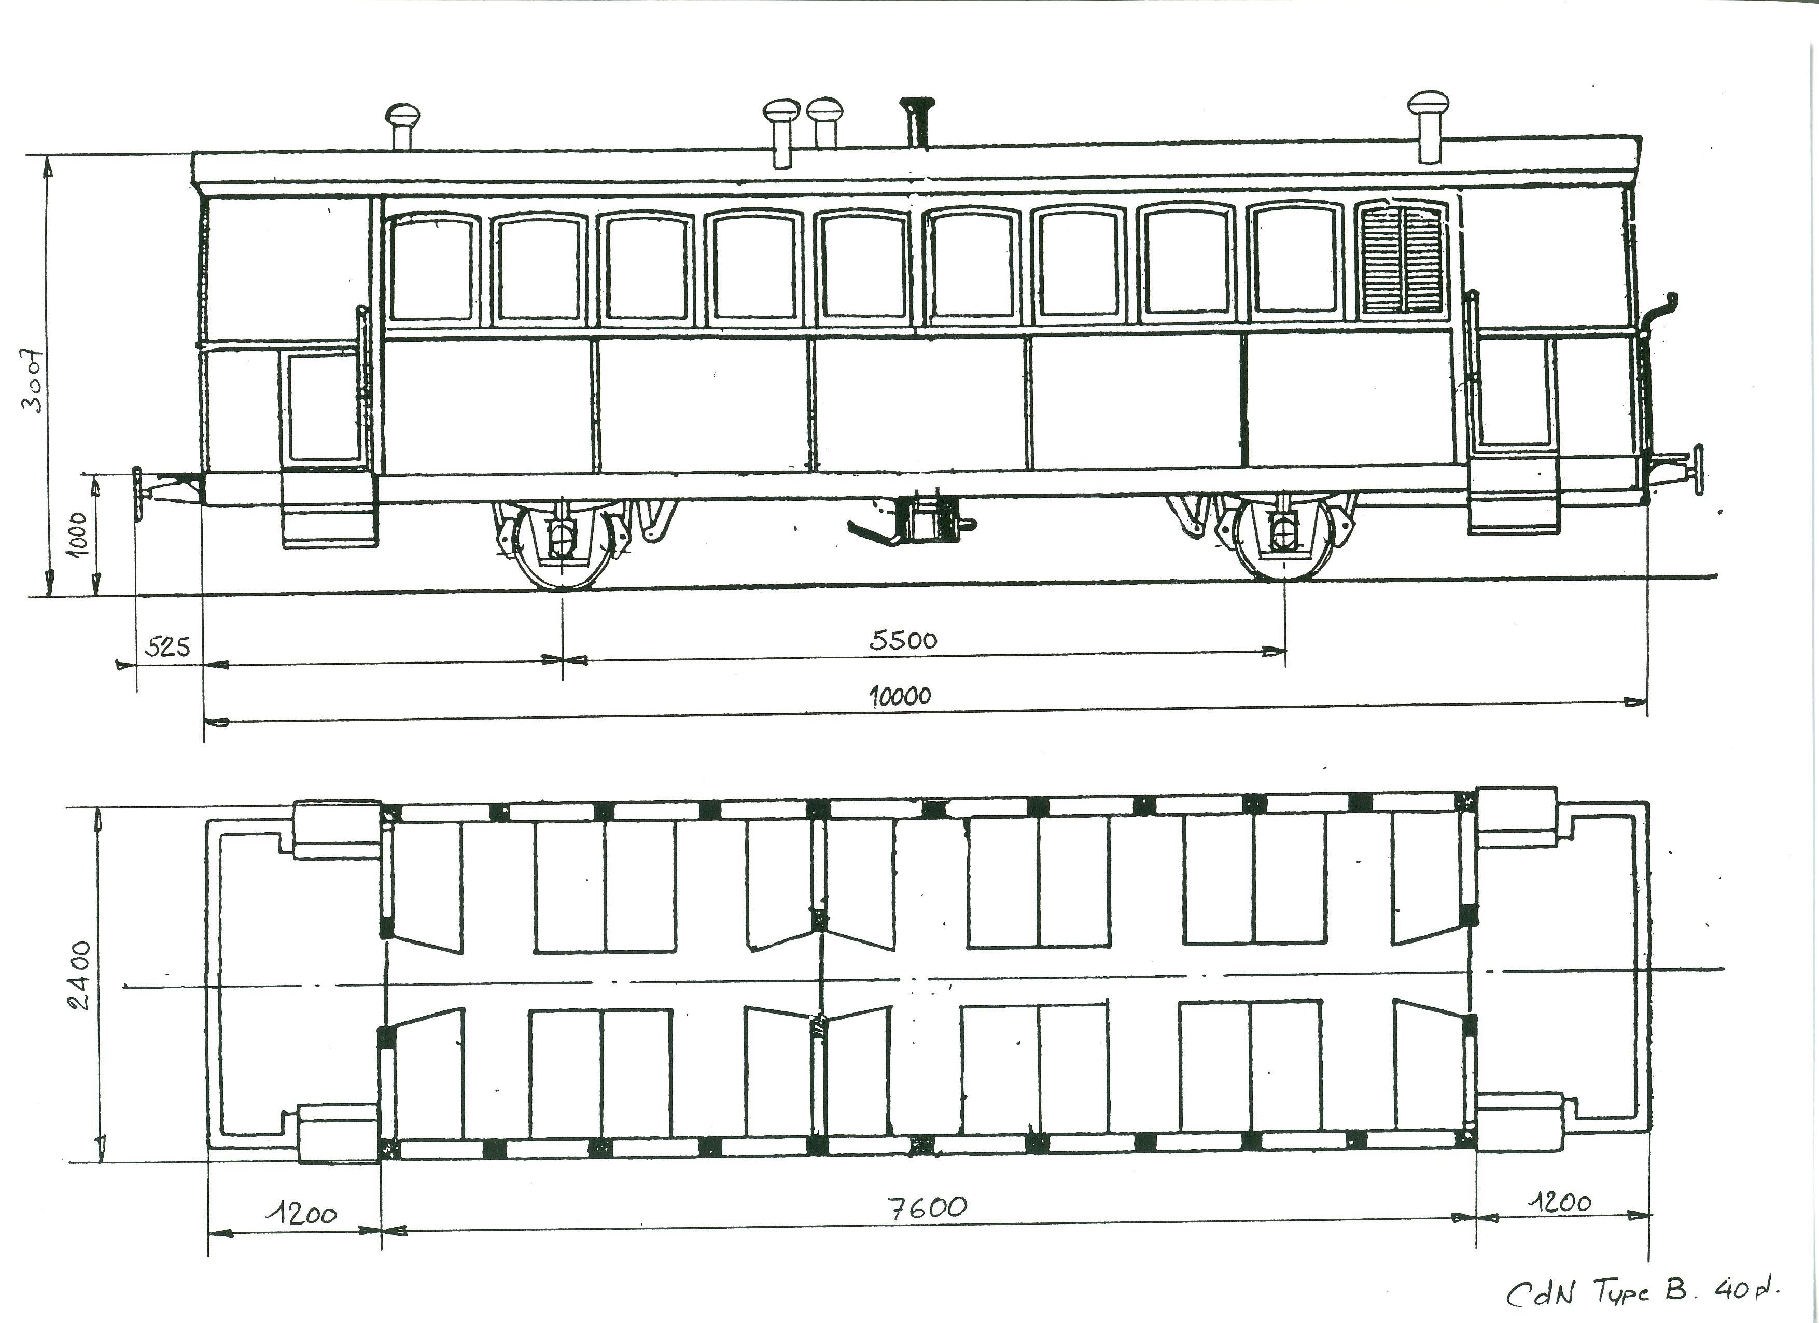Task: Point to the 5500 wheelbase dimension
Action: [903, 640]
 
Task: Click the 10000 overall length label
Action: [901, 695]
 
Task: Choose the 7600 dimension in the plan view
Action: [929, 1207]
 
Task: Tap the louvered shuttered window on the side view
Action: [1402, 259]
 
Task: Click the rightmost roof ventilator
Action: [1429, 126]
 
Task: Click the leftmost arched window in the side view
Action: [433, 269]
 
